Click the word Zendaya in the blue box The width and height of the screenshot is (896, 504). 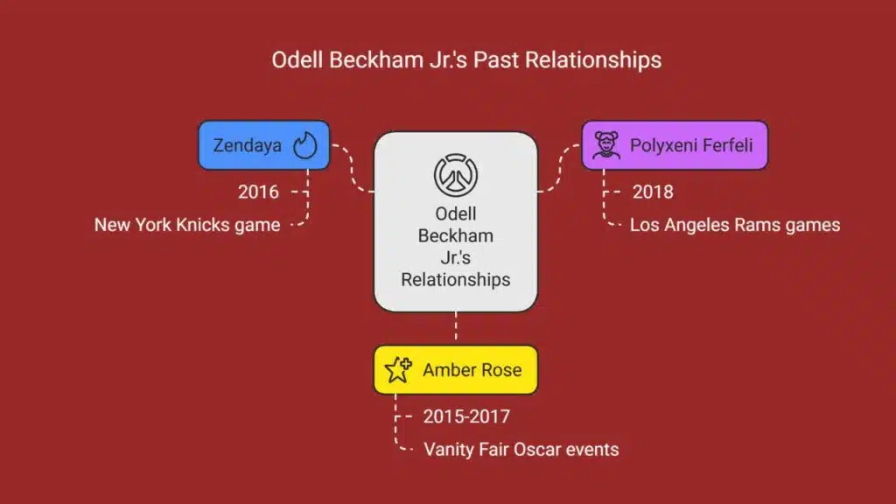tap(248, 146)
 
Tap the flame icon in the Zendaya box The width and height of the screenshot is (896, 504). tap(304, 145)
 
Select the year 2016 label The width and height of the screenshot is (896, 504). tap(258, 192)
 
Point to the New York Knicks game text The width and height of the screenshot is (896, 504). tap(187, 225)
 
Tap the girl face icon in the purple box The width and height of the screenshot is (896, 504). tap(605, 145)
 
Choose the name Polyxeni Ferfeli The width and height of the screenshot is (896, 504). tap(691, 146)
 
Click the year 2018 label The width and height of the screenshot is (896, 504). tap(653, 192)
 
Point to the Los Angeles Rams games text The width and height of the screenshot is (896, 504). tap(735, 225)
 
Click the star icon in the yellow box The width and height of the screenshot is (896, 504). tap(398, 370)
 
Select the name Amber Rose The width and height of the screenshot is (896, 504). tap(472, 370)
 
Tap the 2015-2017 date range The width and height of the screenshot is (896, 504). tap(466, 416)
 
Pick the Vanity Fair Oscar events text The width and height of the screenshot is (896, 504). tap(521, 450)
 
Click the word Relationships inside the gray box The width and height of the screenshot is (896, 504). tap(455, 279)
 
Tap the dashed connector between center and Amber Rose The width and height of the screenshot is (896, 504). tap(455, 325)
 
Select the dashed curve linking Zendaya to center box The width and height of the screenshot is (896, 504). tap(352, 169)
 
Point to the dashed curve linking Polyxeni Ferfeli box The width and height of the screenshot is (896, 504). tap(559, 169)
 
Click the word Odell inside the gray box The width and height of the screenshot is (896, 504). tap(455, 213)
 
